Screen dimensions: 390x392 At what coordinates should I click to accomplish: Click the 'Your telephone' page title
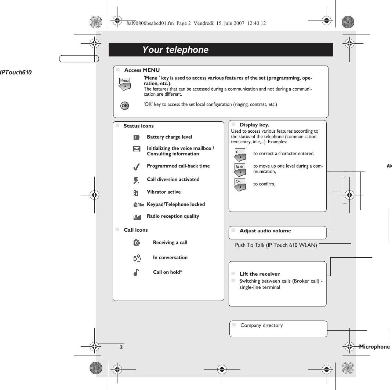(175, 50)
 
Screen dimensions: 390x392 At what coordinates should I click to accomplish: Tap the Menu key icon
(125, 84)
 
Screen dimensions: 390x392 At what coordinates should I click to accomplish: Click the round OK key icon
(125, 106)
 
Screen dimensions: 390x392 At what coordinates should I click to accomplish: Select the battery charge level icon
(137, 137)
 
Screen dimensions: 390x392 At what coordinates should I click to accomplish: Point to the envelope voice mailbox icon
(137, 149)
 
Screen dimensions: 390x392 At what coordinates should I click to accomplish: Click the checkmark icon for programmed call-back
(137, 167)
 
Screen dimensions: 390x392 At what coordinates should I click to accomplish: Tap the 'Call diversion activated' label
(173, 180)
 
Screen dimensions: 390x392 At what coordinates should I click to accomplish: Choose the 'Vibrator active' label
(164, 192)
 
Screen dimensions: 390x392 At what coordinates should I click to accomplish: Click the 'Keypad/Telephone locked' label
(176, 205)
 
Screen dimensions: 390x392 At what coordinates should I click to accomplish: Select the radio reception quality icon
(137, 217)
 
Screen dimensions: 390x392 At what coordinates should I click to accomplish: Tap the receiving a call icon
(137, 243)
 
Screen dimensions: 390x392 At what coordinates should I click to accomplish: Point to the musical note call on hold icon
(137, 272)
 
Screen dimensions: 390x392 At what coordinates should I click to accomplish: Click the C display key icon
(240, 155)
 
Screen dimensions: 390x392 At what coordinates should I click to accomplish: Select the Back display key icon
(240, 169)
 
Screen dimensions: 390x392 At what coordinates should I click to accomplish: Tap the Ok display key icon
(240, 184)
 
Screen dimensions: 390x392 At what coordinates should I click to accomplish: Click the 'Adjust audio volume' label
(265, 231)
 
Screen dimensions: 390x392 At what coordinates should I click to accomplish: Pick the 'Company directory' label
(261, 325)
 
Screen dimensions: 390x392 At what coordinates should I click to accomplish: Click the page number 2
(121, 347)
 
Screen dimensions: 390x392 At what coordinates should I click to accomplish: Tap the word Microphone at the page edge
(374, 347)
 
